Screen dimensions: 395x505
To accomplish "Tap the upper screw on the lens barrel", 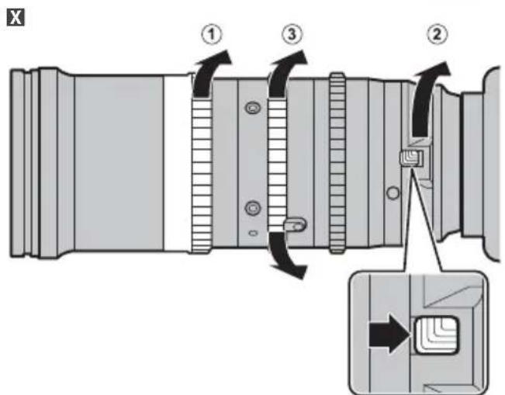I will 251,106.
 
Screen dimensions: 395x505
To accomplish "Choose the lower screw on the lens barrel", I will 251,207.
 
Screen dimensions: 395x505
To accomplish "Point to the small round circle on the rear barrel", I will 393,191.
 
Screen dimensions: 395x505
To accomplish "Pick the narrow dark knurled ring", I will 337,162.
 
